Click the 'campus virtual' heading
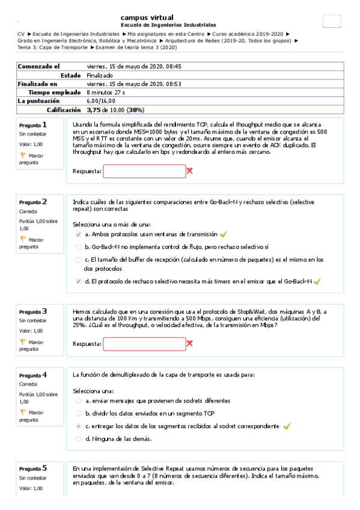tap(147, 17)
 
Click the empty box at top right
tap(331, 20)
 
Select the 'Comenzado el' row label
tap(39, 66)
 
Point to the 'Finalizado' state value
tap(99, 75)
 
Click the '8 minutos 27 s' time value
tap(106, 93)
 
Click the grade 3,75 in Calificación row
tap(93, 111)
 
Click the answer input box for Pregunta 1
tap(144, 171)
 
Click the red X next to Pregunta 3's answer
tap(190, 343)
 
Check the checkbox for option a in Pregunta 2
tap(79, 234)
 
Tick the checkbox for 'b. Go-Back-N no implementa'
tap(79, 247)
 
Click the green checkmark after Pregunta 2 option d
tap(317, 281)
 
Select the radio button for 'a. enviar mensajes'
tap(79, 401)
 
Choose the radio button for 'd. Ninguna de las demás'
tap(79, 438)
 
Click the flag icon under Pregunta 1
tap(23, 155)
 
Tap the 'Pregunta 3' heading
tap(32, 312)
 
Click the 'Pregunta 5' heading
tap(32, 468)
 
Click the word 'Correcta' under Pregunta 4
tap(28, 384)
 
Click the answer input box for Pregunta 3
tap(144, 343)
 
